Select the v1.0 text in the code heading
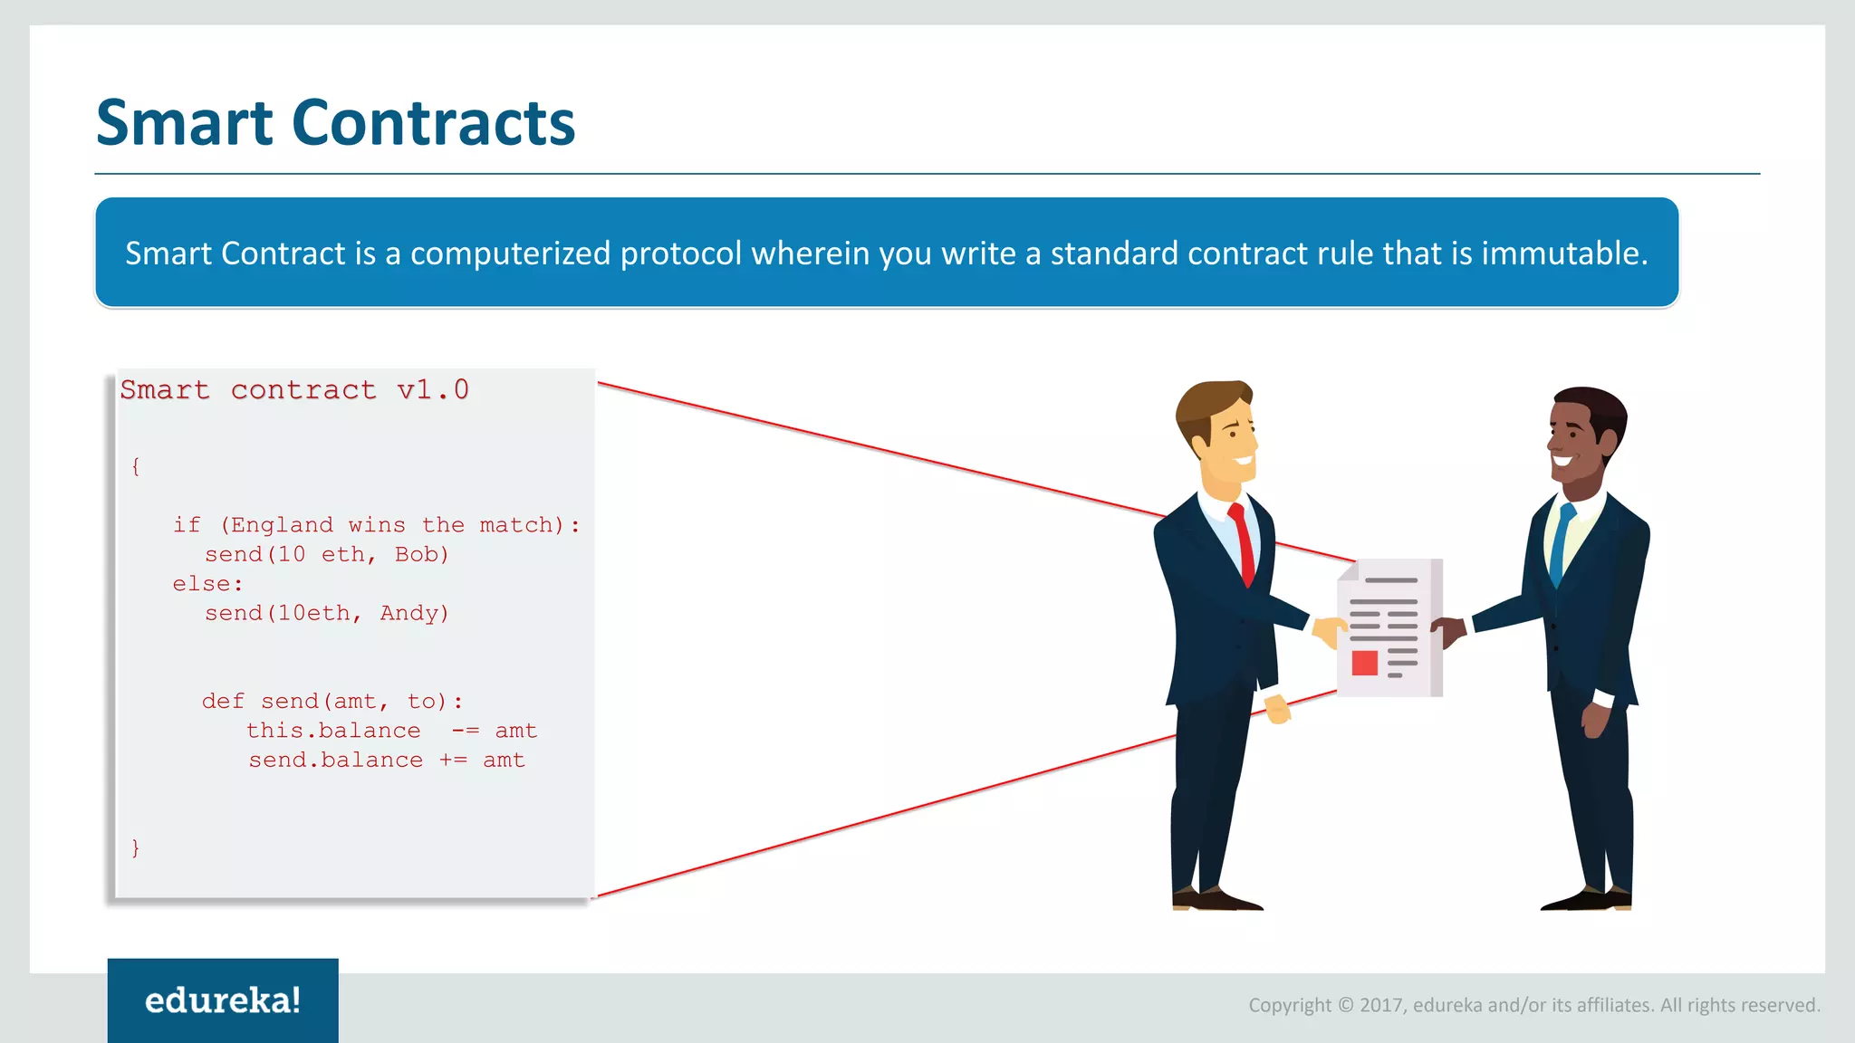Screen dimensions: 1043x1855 point(433,390)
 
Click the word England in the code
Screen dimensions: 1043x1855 point(282,525)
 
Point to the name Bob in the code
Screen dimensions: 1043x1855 point(420,554)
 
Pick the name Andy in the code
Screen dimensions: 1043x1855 point(413,613)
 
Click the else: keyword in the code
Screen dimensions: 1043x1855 point(207,584)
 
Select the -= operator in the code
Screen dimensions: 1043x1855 point(465,731)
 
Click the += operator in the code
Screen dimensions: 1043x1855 point(453,761)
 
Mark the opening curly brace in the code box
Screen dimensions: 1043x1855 point(136,466)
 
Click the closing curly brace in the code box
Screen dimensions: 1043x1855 point(136,847)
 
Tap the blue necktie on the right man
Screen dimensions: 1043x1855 point(1561,543)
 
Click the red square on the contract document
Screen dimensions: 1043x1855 point(1364,663)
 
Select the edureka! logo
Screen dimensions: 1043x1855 point(223,1000)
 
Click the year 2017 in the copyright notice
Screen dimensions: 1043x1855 point(1380,1005)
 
